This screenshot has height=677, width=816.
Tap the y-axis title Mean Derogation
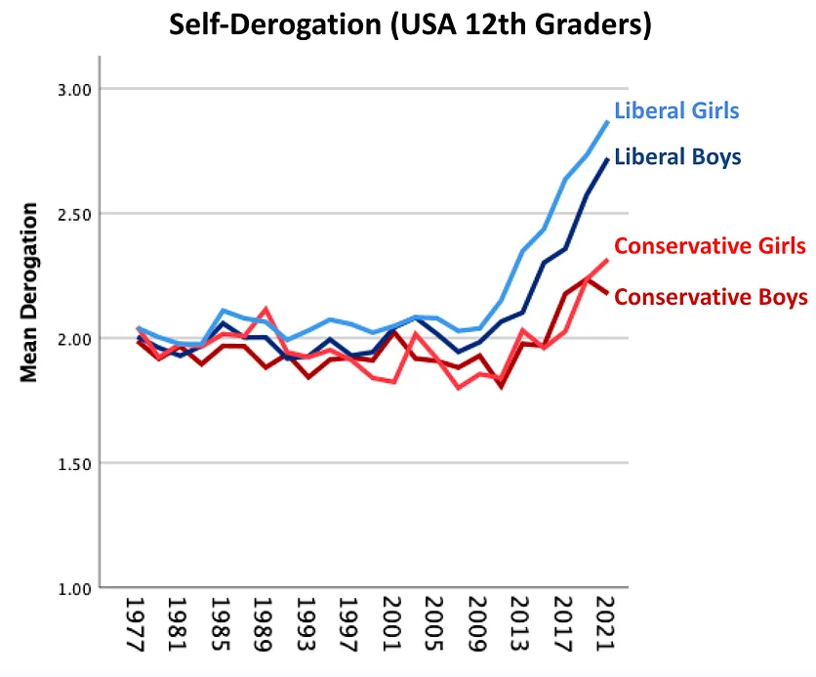pos(29,292)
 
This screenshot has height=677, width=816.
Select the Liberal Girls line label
pos(676,110)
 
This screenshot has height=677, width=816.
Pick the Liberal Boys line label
pos(677,156)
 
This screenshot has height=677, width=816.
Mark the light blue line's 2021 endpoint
pos(607,121)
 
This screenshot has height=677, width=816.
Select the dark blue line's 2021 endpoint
pos(607,158)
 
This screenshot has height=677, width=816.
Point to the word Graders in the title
pos(592,26)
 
